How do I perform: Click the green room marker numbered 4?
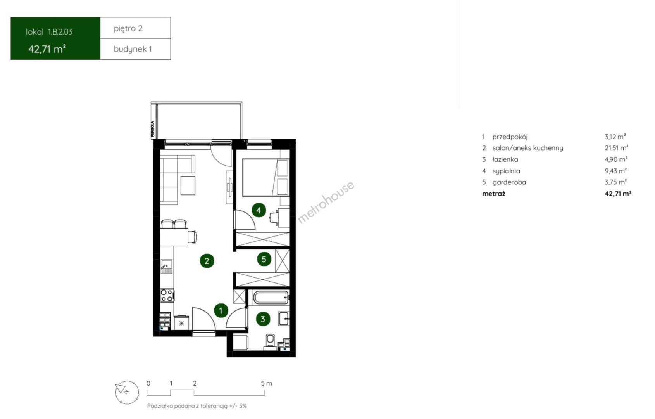(x=259, y=210)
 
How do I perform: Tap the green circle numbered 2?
(x=207, y=261)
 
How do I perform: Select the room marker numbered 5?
(x=264, y=259)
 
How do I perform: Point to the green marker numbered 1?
(x=221, y=311)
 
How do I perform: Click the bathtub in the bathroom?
(x=271, y=298)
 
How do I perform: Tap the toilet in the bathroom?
(x=270, y=342)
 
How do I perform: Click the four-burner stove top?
(x=167, y=296)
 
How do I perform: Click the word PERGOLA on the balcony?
(x=152, y=129)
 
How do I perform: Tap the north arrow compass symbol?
(x=127, y=392)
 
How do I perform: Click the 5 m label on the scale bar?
(x=266, y=383)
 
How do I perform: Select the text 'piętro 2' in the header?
(x=128, y=28)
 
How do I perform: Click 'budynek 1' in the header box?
(x=133, y=49)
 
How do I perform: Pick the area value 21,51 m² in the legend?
(x=616, y=148)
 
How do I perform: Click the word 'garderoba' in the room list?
(x=509, y=182)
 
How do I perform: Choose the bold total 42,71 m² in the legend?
(x=618, y=194)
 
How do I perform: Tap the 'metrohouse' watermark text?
(x=326, y=202)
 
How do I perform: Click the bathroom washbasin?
(x=284, y=319)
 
